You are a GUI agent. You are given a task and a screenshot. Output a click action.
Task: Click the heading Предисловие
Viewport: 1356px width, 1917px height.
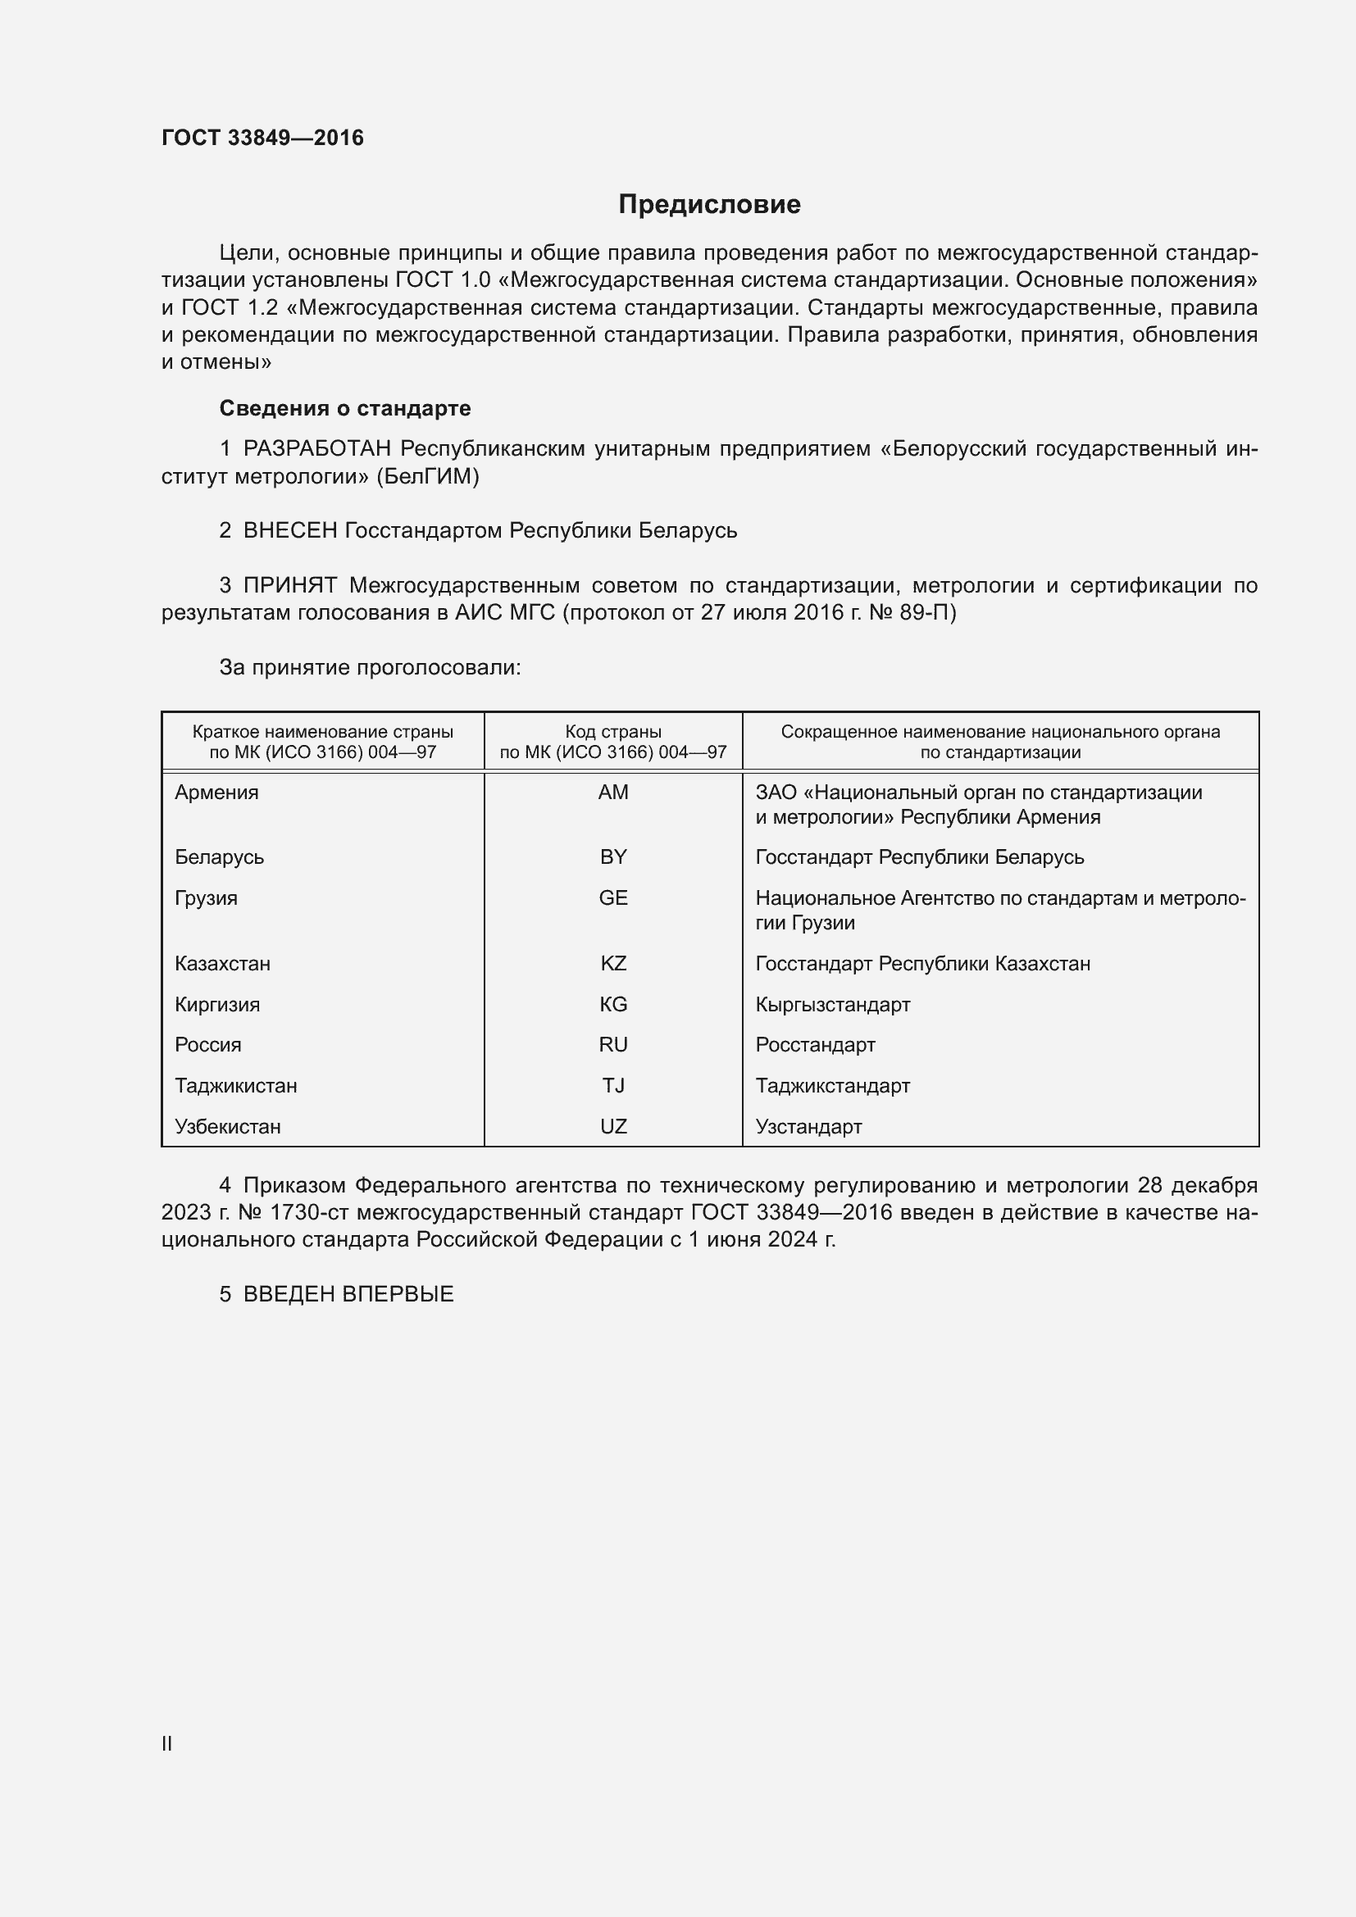(x=709, y=205)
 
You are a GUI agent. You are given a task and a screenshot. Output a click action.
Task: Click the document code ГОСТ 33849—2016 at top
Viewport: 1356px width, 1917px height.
(x=262, y=138)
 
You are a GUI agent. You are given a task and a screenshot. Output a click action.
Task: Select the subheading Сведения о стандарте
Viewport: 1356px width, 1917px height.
(x=345, y=408)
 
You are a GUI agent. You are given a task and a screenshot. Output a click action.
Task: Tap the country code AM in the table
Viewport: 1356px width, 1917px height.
(x=613, y=793)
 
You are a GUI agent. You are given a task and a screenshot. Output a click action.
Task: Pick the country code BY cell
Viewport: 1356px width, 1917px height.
(x=613, y=857)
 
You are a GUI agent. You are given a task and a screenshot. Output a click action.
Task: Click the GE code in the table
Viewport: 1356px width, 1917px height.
(x=613, y=898)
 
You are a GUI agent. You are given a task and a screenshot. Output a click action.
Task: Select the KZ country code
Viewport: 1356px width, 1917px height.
(x=613, y=964)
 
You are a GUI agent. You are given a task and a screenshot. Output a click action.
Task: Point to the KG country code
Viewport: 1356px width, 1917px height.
(x=613, y=1005)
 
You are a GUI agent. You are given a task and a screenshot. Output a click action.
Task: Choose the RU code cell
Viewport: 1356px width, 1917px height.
(x=613, y=1045)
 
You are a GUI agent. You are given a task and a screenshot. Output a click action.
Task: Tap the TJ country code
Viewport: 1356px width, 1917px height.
(x=613, y=1086)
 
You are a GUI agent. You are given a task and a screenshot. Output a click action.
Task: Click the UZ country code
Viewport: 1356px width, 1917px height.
(x=613, y=1127)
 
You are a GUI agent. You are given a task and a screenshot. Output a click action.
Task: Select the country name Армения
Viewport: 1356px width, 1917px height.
(x=216, y=793)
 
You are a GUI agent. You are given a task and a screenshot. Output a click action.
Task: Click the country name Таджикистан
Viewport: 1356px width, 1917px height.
(x=235, y=1086)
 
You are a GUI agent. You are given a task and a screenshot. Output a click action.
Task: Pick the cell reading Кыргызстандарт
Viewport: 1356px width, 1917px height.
(x=832, y=1005)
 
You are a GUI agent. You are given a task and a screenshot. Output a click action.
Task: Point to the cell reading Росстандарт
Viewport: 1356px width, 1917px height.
(x=815, y=1045)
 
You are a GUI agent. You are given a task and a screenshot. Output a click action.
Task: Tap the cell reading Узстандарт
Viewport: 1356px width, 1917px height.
(x=808, y=1127)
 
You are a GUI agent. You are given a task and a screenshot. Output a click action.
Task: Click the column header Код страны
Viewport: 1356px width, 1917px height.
(x=613, y=732)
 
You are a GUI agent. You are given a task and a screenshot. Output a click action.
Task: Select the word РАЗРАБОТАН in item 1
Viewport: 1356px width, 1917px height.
(x=316, y=449)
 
